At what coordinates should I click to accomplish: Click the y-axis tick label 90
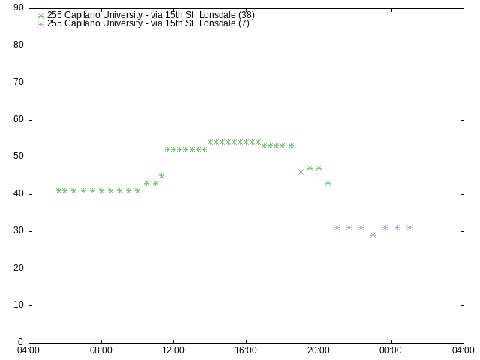pyautogui.click(x=19, y=7)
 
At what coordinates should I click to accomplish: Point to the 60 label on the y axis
pyautogui.click(x=19, y=119)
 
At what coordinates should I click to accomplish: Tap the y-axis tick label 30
pyautogui.click(x=19, y=230)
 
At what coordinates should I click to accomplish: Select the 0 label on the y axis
pyautogui.click(x=20, y=342)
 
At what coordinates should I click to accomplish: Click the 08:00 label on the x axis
pyautogui.click(x=101, y=350)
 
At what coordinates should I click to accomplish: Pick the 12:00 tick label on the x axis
pyautogui.click(x=173, y=350)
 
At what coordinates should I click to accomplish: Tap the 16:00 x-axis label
pyautogui.click(x=246, y=350)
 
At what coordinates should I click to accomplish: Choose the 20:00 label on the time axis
pyautogui.click(x=319, y=350)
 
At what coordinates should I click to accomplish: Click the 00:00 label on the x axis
pyautogui.click(x=391, y=350)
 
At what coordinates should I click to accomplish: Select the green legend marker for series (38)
pyautogui.click(x=40, y=16)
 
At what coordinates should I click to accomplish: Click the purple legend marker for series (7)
pyautogui.click(x=40, y=24)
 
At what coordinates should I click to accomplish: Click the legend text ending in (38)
pyautogui.click(x=151, y=15)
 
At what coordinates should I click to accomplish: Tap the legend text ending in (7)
pyautogui.click(x=148, y=23)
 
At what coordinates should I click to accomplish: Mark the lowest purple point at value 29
pyautogui.click(x=373, y=235)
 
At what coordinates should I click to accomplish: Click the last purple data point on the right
pyautogui.click(x=410, y=227)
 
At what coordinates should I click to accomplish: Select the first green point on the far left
pyautogui.click(x=58, y=190)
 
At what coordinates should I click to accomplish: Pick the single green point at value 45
pyautogui.click(x=162, y=175)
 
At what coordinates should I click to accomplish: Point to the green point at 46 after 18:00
pyautogui.click(x=301, y=172)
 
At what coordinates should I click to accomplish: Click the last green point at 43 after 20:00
pyautogui.click(x=328, y=183)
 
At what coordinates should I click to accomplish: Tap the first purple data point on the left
pyautogui.click(x=337, y=227)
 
